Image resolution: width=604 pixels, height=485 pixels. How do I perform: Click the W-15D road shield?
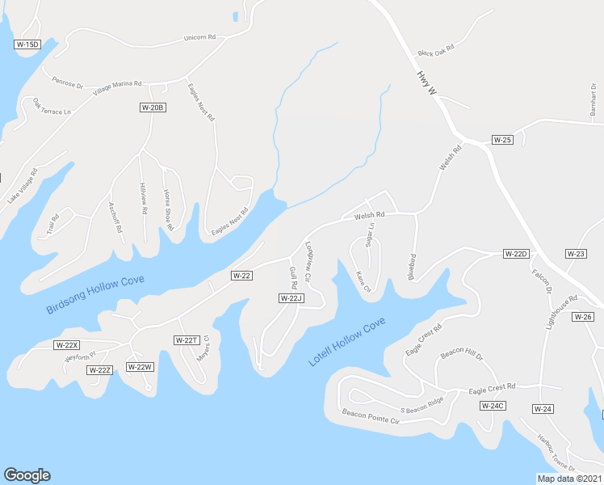point(27,44)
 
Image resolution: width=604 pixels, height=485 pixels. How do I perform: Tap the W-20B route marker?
point(153,108)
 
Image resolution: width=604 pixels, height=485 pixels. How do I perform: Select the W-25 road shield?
point(503,140)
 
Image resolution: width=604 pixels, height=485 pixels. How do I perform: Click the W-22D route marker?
point(515,254)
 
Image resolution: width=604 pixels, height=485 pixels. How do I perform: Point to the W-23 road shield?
point(576,254)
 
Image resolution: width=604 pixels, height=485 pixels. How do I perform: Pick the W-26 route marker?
point(584,316)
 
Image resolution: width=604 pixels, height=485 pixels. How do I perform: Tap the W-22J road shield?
point(291,298)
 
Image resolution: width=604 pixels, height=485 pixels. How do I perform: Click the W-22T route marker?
point(187,340)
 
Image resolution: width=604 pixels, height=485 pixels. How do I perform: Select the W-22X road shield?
point(67,344)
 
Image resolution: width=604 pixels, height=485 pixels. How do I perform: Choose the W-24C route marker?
point(492,405)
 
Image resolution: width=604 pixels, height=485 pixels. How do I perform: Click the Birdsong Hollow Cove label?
point(95,295)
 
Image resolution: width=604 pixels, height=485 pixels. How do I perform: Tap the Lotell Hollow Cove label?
point(347,341)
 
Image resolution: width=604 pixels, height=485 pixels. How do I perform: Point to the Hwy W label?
point(426,84)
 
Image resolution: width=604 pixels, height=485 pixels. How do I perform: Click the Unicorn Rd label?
point(200,37)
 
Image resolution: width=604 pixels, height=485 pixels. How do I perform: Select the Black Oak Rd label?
point(436,50)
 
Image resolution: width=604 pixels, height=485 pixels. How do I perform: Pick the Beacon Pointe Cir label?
point(371,416)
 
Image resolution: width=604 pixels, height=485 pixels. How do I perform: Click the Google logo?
point(27,475)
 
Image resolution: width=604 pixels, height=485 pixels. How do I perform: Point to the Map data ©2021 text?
point(569,479)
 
